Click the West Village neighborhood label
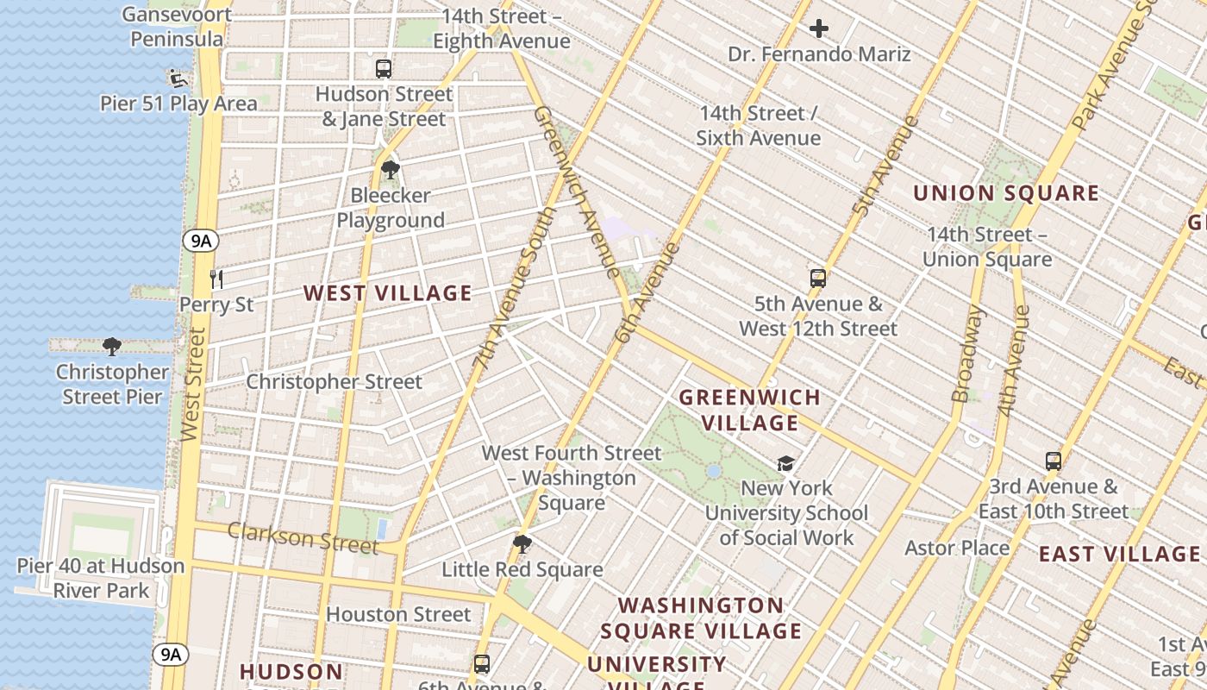pos(388,293)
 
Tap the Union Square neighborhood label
pos(1006,193)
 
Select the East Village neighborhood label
pos(1119,554)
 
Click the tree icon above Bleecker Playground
pos(391,169)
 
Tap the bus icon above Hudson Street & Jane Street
pos(384,69)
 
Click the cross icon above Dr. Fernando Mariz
pos(819,29)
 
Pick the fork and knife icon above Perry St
pos(216,279)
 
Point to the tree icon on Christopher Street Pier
pos(111,347)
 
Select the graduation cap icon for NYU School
pos(785,463)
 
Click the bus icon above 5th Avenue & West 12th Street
pos(818,279)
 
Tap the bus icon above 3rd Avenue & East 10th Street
pos(1054,461)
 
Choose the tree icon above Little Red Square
pos(522,544)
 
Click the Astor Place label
pos(957,549)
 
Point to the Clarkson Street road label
pos(303,538)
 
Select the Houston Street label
pos(398,615)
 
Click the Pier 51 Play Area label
pos(178,103)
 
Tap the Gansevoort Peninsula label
pos(177,27)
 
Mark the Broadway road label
pos(967,354)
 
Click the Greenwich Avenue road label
pos(577,191)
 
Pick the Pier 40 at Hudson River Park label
pos(101,579)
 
